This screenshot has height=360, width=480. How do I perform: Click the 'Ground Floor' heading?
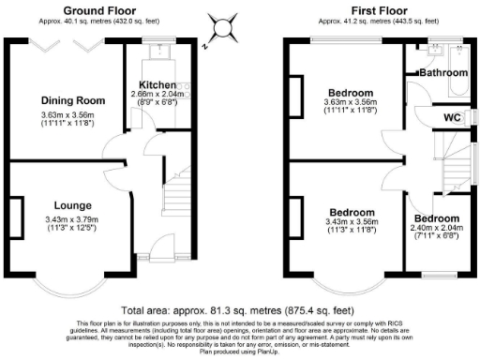(x=97, y=10)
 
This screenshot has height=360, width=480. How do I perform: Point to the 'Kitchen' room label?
(x=150, y=84)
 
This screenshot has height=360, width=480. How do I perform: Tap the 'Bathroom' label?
(x=442, y=71)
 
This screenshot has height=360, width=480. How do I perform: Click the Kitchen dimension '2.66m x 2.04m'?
(x=157, y=95)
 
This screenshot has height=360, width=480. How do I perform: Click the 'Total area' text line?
(x=239, y=309)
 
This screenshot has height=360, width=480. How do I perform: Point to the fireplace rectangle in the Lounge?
(x=16, y=211)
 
